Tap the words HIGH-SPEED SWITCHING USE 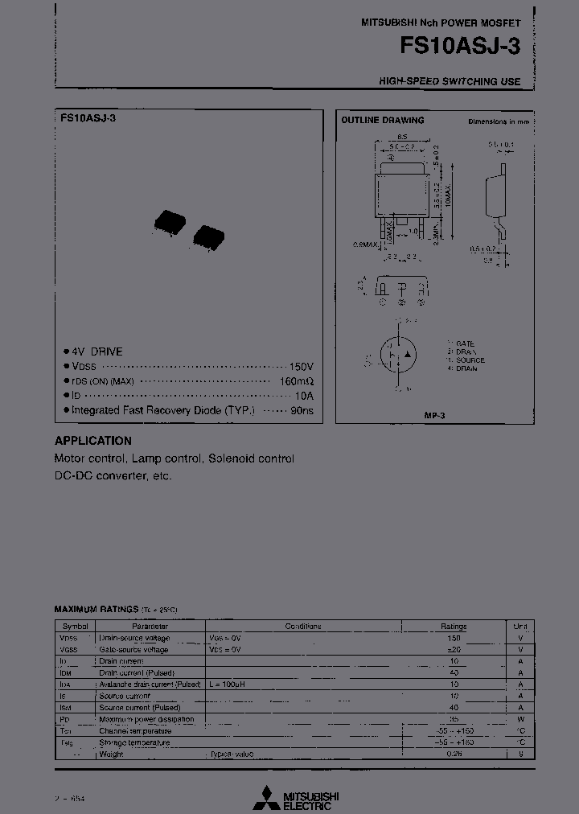pos(450,81)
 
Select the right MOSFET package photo pos(208,232)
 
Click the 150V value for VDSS pos(301,366)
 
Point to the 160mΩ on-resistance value pos(297,381)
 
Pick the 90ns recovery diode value pos(302,410)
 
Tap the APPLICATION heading pos(92,441)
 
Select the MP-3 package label pos(435,414)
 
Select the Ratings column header pos(453,626)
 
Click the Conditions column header pos(302,626)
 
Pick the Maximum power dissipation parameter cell pos(146,719)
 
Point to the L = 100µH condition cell pos(227,684)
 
